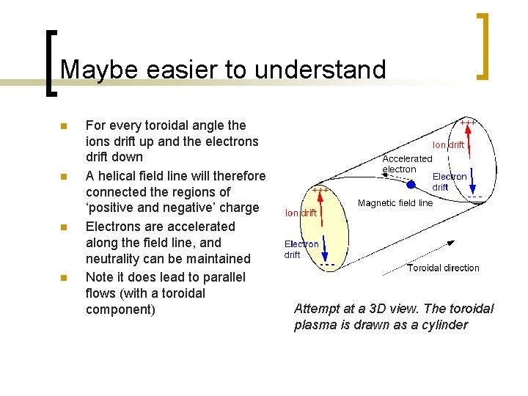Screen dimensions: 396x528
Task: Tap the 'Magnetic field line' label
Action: pos(395,203)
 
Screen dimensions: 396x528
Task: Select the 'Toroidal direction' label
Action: pos(443,268)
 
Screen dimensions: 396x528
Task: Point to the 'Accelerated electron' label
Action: pos(407,164)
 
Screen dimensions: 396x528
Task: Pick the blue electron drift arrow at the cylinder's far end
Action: pos(471,178)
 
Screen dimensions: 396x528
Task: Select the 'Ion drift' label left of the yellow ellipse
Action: pos(301,213)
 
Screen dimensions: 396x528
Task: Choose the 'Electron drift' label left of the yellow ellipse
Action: pos(301,249)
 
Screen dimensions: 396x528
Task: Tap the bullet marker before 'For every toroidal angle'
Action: pos(63,126)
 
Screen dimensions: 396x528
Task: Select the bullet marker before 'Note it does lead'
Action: pos(63,278)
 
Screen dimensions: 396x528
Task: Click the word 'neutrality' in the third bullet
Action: pos(117,259)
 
